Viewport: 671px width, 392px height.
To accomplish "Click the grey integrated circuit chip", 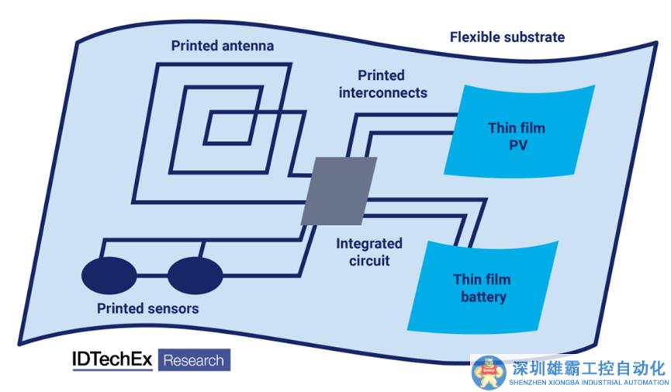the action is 339,191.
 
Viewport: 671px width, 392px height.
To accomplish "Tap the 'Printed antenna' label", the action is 223,46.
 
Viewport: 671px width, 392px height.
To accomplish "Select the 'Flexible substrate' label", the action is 507,37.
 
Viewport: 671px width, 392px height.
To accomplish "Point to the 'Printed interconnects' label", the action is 382,84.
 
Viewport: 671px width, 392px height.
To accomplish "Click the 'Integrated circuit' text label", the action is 369,252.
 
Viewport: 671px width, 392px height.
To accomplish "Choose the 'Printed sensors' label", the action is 147,308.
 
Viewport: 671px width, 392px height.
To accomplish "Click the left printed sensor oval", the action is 109,276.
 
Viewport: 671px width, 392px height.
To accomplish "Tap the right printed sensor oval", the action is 195,276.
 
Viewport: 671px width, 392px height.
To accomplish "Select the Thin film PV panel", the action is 519,130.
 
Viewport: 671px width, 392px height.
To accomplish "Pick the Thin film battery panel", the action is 482,287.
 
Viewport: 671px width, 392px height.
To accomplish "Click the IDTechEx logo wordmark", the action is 112,360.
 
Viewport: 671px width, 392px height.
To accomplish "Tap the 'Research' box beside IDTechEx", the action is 194,360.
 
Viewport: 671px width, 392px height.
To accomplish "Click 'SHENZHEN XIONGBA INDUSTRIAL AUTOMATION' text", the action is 589,383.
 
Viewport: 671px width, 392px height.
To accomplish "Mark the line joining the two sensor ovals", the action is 152,276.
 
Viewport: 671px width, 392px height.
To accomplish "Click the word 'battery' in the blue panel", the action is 483,297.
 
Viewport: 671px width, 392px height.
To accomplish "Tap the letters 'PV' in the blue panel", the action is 518,146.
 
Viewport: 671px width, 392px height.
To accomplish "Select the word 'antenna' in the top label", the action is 247,46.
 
